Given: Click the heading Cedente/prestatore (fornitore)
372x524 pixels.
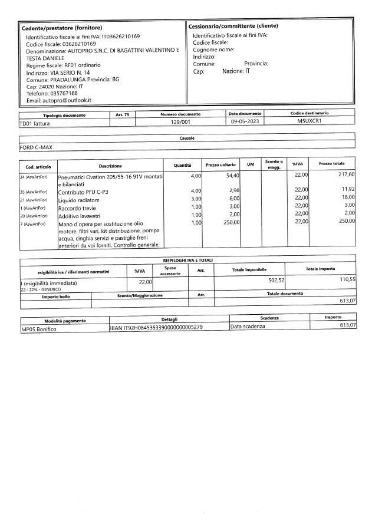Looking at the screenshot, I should coord(62,28).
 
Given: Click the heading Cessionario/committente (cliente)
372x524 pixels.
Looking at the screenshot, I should coord(233,27).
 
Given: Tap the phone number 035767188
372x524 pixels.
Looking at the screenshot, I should coord(61,93).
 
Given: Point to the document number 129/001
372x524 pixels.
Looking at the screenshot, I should coord(180,121).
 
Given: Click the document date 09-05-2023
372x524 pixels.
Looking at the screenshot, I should coord(245,121).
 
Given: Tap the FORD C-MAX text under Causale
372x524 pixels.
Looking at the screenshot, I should coord(37,147).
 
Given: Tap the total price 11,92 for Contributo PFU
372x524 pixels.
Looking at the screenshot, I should coord(348,190).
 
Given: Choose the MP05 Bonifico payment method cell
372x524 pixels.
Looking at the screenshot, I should coord(38,329).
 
